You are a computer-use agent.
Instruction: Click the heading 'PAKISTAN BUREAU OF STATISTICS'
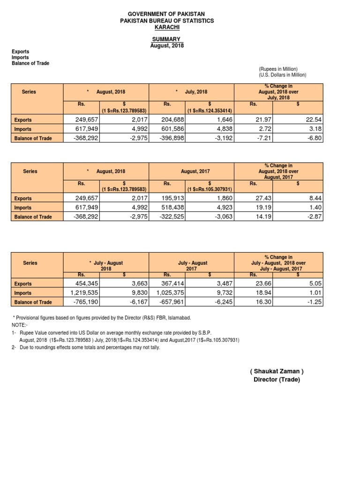point(167,21)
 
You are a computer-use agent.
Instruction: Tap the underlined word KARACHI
point(167,27)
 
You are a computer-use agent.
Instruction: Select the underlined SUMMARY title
point(167,39)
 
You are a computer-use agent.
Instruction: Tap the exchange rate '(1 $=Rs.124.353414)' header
point(210,110)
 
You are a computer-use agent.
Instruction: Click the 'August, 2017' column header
point(195,172)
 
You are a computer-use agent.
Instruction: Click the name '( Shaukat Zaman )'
point(277,371)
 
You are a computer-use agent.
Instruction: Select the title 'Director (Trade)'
point(277,380)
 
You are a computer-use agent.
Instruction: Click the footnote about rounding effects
point(86,348)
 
